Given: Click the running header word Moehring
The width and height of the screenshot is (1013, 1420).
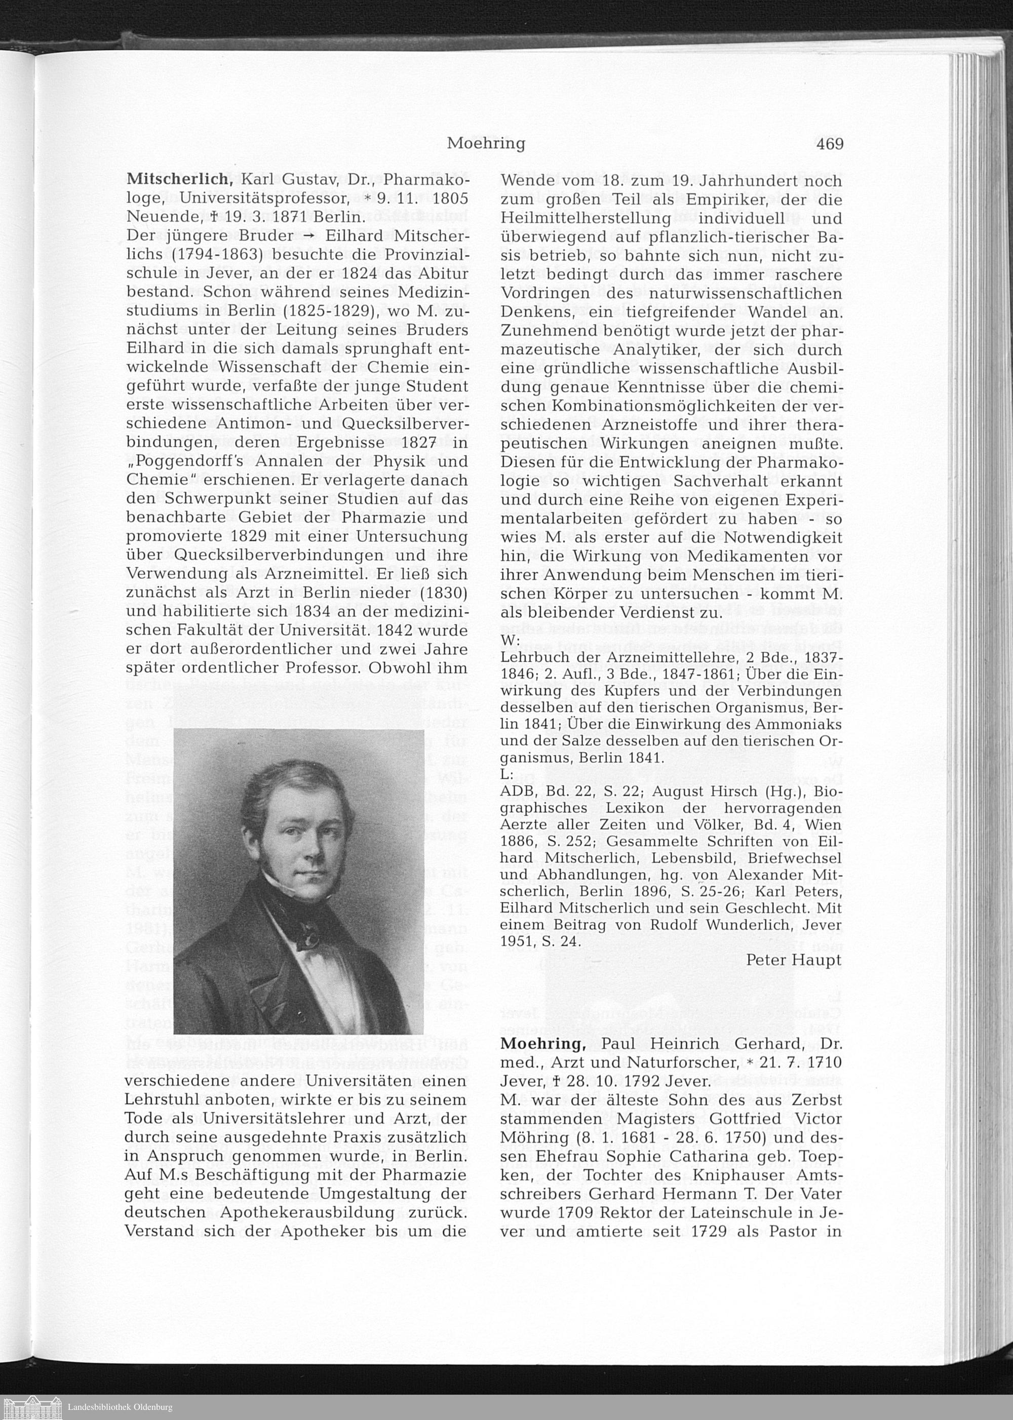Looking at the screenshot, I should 486,144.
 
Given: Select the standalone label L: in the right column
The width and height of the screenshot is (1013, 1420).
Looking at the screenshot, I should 506,774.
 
